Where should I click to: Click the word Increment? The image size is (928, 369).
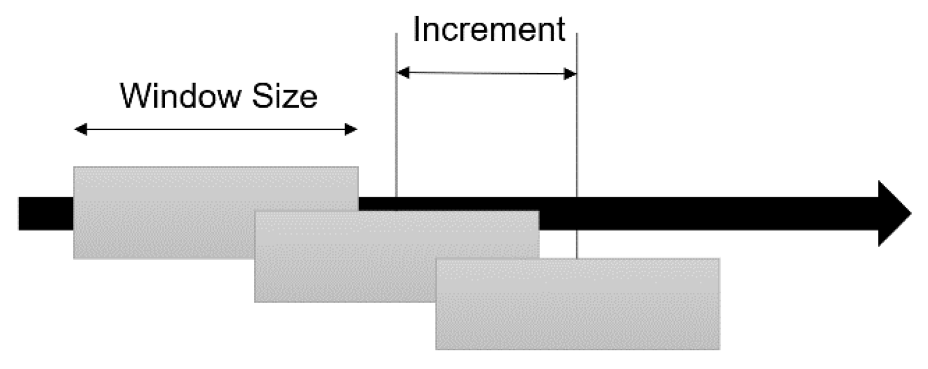pos(488,30)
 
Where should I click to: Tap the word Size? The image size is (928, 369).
pos(283,96)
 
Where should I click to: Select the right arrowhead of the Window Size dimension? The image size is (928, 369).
pos(352,130)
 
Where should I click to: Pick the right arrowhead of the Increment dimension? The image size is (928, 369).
pos(570,74)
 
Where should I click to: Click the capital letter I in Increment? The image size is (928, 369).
pos(416,30)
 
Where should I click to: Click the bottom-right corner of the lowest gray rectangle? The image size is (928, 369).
pos(719,349)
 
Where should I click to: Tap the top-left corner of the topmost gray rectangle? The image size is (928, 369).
pos(74,168)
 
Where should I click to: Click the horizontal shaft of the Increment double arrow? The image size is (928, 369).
pos(487,74)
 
